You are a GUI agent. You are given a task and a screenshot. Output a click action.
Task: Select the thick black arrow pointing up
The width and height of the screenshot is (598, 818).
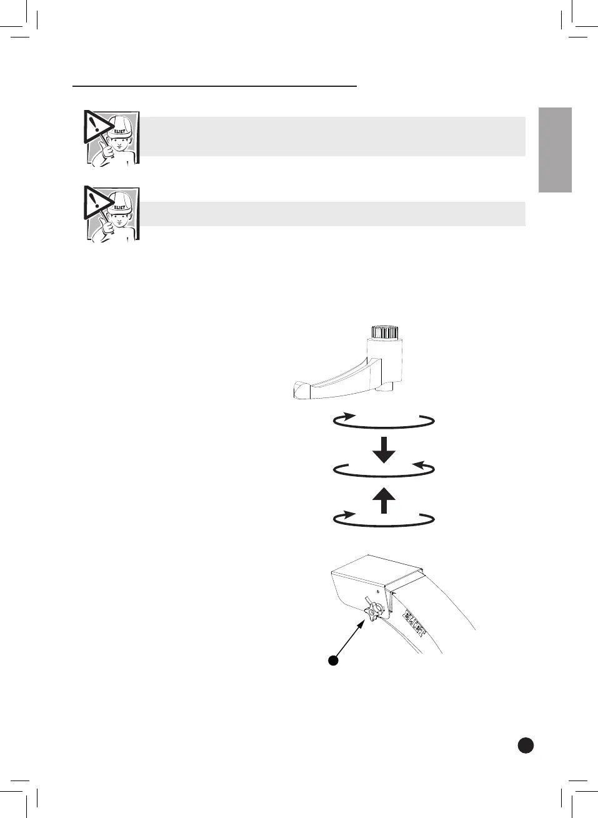[x=384, y=501]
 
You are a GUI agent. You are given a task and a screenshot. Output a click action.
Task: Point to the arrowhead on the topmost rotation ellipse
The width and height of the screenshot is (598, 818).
[x=350, y=416]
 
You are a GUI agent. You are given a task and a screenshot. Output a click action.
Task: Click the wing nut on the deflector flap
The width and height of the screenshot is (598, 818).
[x=373, y=610]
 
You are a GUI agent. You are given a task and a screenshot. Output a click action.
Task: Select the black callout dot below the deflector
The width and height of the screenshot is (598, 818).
[x=334, y=661]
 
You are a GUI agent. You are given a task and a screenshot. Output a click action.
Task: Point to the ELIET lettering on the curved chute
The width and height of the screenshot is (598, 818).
[x=414, y=622]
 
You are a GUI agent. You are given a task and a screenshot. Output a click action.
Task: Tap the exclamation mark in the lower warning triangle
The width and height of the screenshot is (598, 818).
[x=93, y=200]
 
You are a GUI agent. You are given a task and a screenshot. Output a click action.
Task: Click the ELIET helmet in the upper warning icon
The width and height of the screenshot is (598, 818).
[x=120, y=128]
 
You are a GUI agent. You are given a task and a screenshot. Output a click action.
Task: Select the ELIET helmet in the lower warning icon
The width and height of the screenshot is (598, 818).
[x=120, y=204]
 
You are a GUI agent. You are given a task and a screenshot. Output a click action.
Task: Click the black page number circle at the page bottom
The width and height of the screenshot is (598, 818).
[x=526, y=744]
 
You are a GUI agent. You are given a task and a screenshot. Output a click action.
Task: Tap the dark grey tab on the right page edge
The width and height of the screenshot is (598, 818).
[x=555, y=150]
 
